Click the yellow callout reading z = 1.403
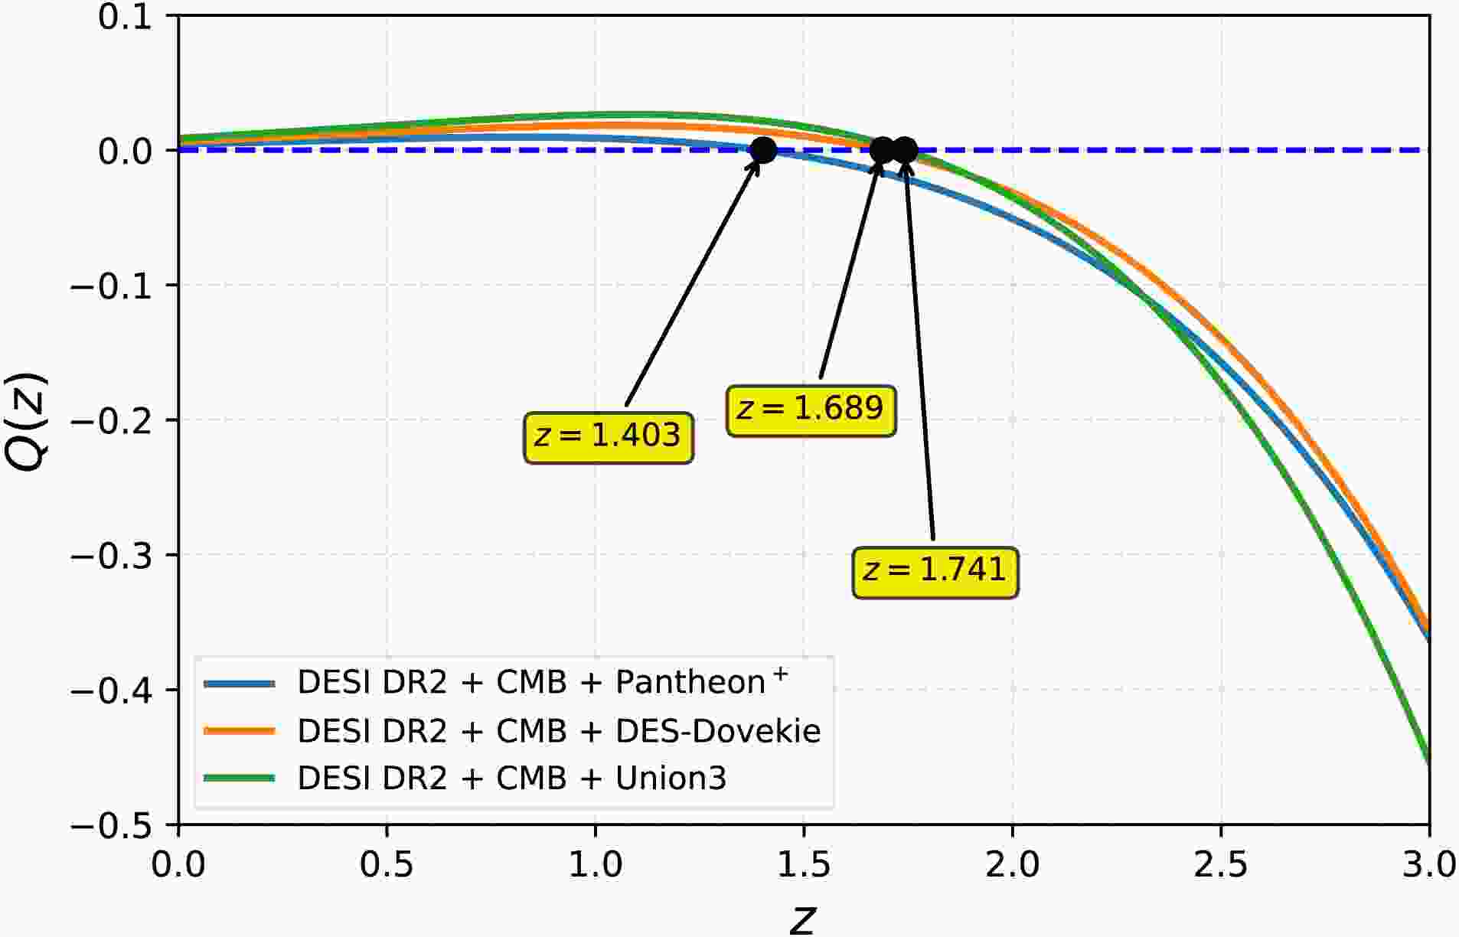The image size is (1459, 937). click(x=608, y=437)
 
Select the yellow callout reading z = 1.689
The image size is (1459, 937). click(x=811, y=410)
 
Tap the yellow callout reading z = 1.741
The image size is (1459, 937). click(x=935, y=571)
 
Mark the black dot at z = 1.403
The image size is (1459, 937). click(x=763, y=150)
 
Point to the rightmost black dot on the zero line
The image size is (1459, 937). click(x=904, y=150)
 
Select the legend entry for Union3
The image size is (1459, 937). click(x=511, y=779)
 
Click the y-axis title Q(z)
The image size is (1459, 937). click(x=28, y=422)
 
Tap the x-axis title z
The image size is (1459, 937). click(x=802, y=919)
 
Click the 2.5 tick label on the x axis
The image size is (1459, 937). click(x=1221, y=865)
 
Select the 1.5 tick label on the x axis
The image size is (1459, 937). click(x=804, y=865)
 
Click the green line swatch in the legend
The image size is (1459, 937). click(x=239, y=779)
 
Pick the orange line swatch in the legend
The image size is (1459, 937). click(x=239, y=731)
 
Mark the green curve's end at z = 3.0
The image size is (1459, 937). click(x=1428, y=761)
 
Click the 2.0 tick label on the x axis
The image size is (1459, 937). click(x=1013, y=865)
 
